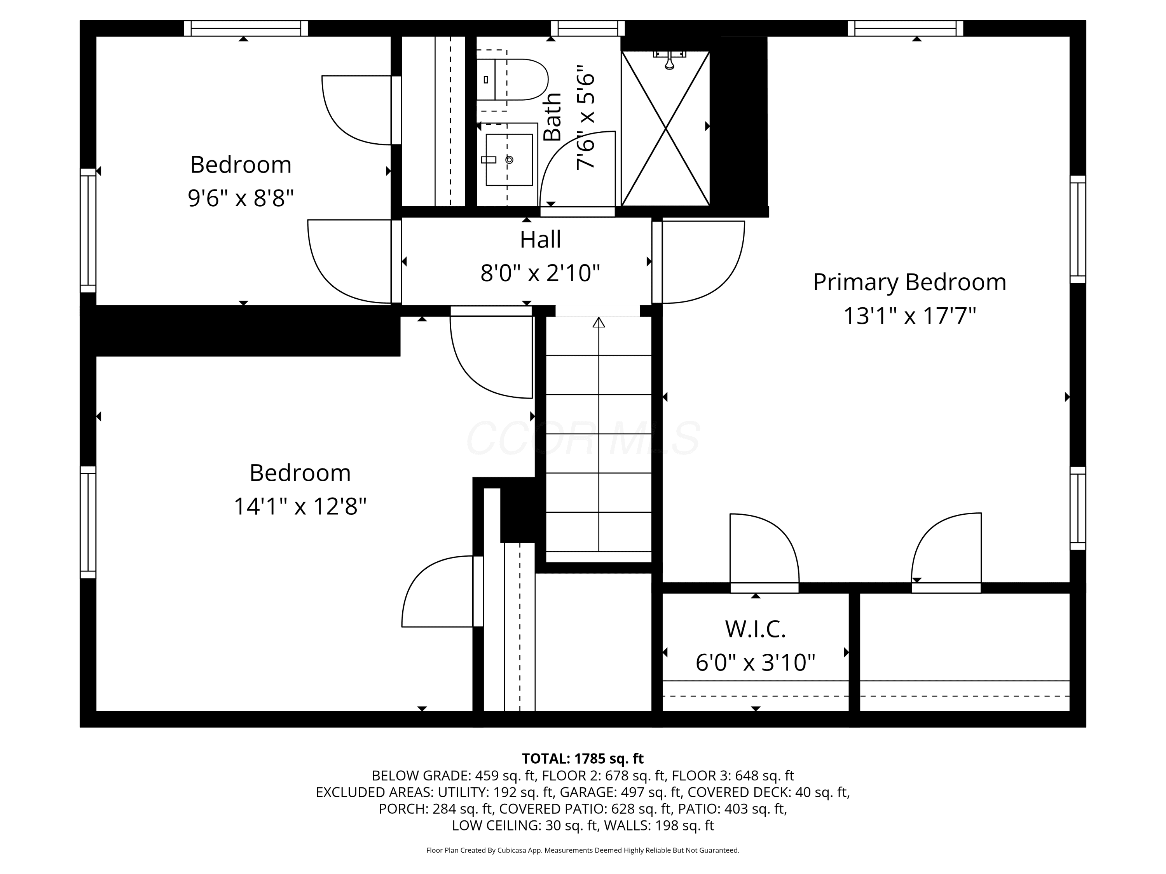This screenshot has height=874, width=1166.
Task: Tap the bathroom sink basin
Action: coord(509,160)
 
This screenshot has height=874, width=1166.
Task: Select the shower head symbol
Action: coord(669,59)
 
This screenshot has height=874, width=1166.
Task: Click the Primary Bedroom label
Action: coord(910,282)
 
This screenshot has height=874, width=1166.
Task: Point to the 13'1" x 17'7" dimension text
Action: coord(910,316)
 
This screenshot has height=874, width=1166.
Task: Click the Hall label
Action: coord(540,240)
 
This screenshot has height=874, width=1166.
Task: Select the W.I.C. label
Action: coord(755,629)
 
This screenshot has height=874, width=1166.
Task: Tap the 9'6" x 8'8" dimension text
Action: coord(241,198)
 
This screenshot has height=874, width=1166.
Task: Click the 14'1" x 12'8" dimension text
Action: coord(300,507)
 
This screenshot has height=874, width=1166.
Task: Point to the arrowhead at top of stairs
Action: coord(599,322)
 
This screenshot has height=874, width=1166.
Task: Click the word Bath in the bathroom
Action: coord(552,117)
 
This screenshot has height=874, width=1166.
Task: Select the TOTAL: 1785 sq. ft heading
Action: coord(583,759)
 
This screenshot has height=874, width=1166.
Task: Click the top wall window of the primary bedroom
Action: coord(905,28)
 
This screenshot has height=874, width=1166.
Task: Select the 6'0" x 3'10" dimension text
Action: coord(755,663)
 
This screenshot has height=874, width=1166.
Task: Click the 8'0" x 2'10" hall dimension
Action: coord(540,273)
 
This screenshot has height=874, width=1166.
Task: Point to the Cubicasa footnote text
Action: coord(583,850)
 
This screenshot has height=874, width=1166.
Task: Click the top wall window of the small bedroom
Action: coord(246,28)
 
